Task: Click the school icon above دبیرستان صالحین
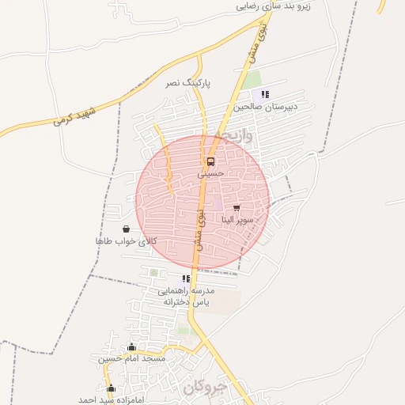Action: tap(265, 94)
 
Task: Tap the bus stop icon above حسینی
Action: tap(210, 161)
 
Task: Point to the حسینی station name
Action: tap(211, 172)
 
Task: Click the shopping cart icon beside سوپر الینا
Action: tap(237, 208)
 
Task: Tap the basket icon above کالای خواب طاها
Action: tap(127, 229)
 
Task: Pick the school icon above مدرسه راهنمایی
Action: tap(186, 279)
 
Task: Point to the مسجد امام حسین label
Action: tap(132, 358)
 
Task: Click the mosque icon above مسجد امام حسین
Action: tap(131, 346)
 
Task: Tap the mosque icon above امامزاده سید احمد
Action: tap(111, 388)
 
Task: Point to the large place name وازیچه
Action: tap(235, 136)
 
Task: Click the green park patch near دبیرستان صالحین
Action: tap(251, 80)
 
